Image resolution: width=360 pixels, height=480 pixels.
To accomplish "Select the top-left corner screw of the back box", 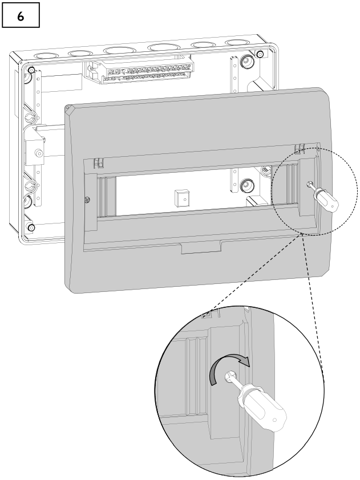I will point(31,70).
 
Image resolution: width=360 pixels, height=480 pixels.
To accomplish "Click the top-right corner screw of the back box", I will point(260,54).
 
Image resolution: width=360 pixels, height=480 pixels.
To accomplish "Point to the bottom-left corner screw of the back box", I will point(31,228).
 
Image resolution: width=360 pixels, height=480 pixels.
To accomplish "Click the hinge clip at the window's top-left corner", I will point(98,163).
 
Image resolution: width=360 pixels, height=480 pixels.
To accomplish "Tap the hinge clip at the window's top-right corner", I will point(298,149).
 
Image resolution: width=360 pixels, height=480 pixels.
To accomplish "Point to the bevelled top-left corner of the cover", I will point(70,110).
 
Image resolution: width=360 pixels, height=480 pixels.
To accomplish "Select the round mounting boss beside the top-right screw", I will point(247,60).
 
